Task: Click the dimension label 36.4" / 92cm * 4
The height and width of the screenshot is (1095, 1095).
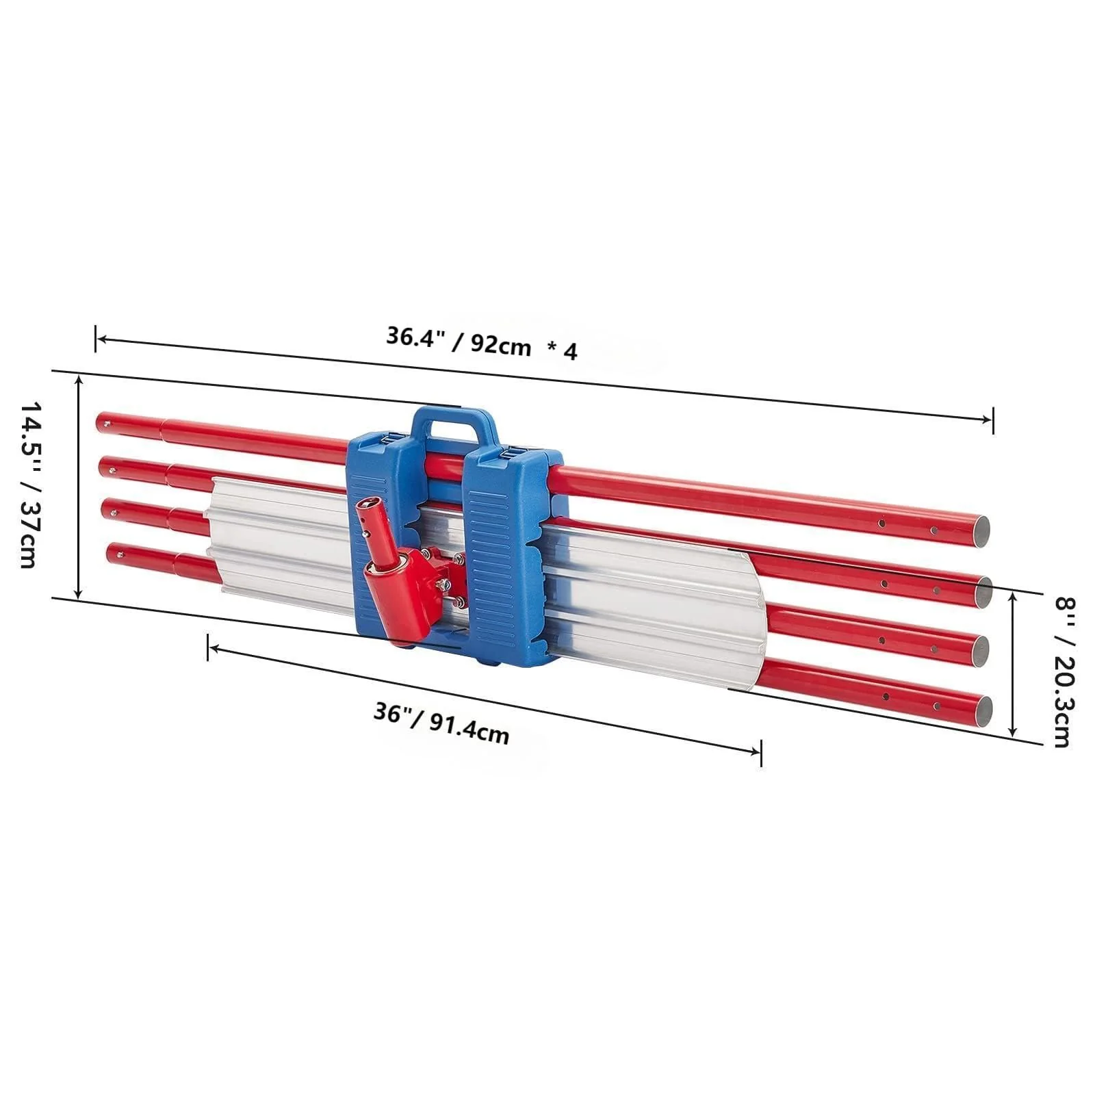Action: coord(482,343)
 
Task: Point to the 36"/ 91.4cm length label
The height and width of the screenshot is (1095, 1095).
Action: coord(441,723)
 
